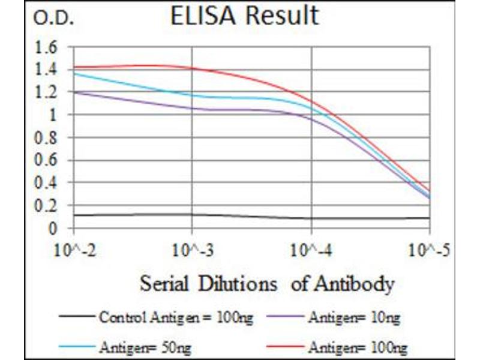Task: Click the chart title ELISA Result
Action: click(x=245, y=17)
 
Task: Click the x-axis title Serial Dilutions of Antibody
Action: click(x=267, y=283)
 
